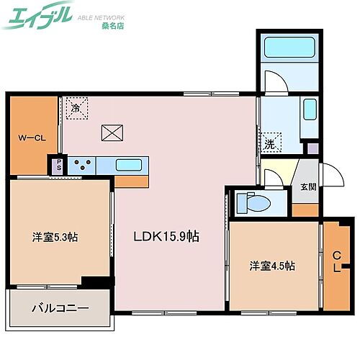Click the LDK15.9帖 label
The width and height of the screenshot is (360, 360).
(165, 235)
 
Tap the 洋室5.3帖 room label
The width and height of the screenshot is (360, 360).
(55, 237)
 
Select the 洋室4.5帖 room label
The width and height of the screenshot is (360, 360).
(271, 265)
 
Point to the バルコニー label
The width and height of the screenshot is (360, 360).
(59, 308)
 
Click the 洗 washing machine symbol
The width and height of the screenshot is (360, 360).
(269, 143)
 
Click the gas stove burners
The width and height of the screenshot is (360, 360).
(83, 164)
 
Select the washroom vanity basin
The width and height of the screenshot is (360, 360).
(309, 110)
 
